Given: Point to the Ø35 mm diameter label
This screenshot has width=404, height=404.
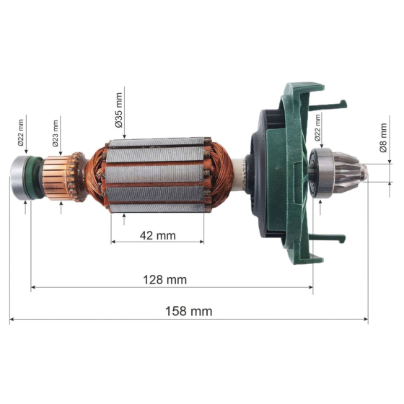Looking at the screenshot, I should tap(118, 107).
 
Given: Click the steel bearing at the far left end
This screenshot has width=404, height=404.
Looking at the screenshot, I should tap(19, 176).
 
